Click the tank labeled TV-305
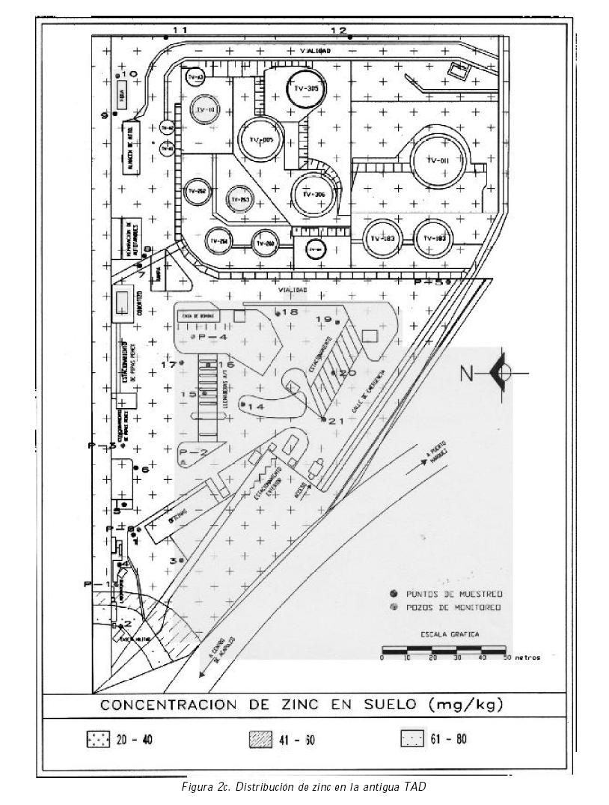(x=305, y=89)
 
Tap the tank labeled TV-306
(x=313, y=194)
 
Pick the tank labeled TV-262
(x=196, y=191)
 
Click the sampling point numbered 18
(x=278, y=313)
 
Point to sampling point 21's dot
(x=323, y=419)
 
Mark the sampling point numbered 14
(x=243, y=403)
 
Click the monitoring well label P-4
(x=211, y=338)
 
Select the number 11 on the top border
(x=180, y=29)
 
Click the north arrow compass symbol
(x=503, y=371)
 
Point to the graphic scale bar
(x=444, y=649)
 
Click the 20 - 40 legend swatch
(x=98, y=740)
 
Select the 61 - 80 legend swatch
(x=412, y=739)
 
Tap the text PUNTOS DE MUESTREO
(x=454, y=593)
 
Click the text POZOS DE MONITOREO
(x=453, y=607)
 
